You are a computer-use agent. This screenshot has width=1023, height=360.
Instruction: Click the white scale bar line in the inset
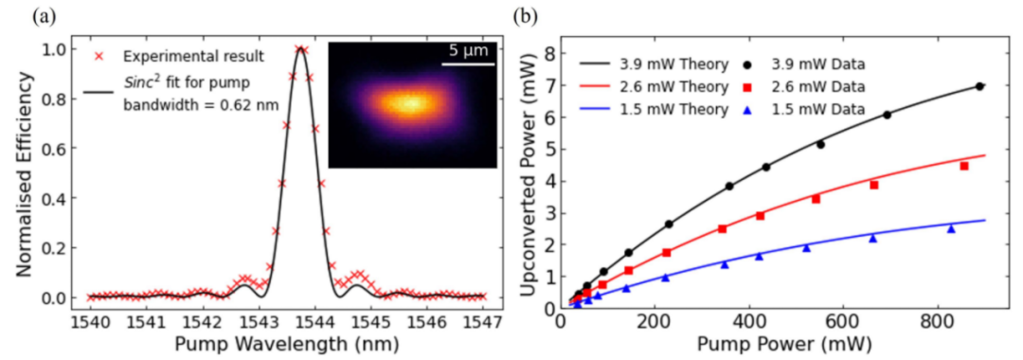pos(468,63)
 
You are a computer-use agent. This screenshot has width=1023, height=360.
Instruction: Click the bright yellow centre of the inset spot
pos(411,102)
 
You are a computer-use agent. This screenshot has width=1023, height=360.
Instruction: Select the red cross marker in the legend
pos(99,57)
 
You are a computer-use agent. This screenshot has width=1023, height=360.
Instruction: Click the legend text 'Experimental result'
pos(194,57)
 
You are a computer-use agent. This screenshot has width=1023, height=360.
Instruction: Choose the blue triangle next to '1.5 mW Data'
pos(748,110)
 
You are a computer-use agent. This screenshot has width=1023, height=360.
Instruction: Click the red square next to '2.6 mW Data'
pos(748,87)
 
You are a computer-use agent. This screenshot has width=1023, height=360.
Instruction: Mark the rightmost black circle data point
pos(979,86)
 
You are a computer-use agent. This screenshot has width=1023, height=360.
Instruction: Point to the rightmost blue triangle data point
pos(951,229)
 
